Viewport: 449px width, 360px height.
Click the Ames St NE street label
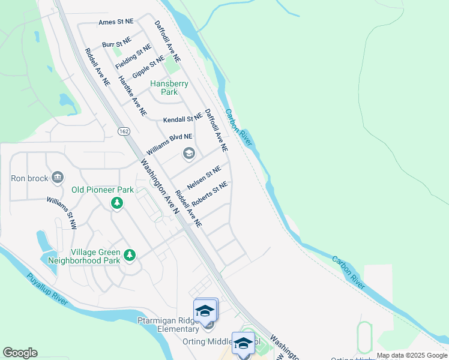(116, 22)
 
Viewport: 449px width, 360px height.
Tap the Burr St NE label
(116, 44)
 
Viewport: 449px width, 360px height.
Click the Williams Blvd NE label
(169, 144)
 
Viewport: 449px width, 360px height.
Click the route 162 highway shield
(124, 131)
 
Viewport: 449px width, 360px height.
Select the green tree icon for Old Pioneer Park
(117, 204)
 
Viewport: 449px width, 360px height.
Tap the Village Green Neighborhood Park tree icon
(129, 256)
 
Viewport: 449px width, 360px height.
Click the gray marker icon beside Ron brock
(58, 178)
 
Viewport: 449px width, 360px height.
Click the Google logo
(20, 353)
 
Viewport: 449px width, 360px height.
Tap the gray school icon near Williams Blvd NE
(188, 154)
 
